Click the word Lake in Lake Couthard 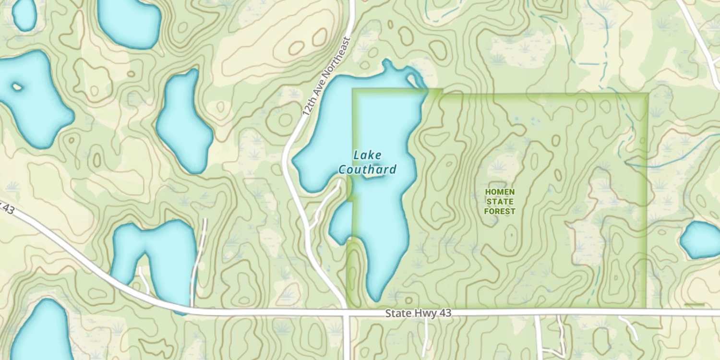tap(367, 155)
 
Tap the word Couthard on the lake tap(368, 169)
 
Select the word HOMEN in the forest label tap(500, 192)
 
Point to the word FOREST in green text tap(500, 211)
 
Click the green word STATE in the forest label tap(500, 202)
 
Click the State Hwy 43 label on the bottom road tap(419, 313)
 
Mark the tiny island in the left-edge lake tap(17, 87)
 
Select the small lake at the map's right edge tap(701, 240)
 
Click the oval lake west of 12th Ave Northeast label tap(184, 122)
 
